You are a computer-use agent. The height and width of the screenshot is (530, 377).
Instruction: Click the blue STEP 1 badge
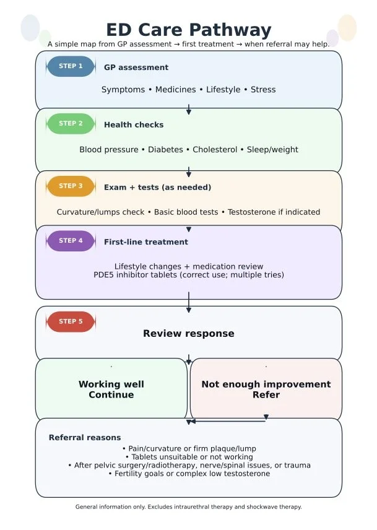71,66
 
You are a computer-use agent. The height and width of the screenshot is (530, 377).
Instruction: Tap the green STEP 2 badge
71,124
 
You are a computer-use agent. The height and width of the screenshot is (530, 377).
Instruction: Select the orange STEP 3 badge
71,186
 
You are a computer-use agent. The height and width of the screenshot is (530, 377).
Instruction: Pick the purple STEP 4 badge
71,241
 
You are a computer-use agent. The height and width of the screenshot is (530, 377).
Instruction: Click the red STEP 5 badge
71,322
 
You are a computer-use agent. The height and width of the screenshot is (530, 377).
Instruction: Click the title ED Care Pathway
188,30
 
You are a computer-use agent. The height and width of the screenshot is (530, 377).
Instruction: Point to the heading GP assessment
136,67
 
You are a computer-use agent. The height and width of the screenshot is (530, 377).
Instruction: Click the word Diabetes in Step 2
165,150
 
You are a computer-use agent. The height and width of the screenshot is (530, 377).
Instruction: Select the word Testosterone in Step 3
250,212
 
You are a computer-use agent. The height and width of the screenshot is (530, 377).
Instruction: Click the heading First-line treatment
146,242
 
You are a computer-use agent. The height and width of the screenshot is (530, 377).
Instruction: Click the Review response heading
188,334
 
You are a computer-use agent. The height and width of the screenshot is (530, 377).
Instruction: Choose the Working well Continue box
111,389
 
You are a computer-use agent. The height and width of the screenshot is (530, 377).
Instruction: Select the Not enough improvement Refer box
266,389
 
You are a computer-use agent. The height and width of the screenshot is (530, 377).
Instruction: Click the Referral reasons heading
85,438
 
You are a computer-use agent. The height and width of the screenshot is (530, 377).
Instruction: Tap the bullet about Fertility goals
189,474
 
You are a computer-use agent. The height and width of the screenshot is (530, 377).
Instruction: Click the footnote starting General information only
188,507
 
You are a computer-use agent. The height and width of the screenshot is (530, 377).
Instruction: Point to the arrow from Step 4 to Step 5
189,302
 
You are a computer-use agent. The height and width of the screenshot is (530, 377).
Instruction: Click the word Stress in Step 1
263,90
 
